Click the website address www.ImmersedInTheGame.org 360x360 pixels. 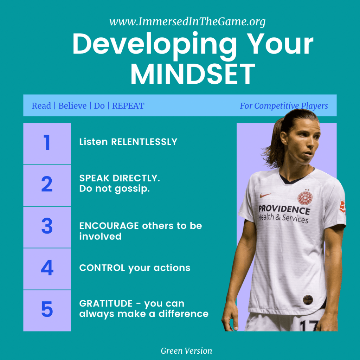click(187, 22)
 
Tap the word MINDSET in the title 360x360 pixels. click(193, 74)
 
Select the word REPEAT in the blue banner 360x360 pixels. click(128, 105)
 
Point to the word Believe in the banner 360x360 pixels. click(72, 105)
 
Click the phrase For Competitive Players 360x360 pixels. click(284, 106)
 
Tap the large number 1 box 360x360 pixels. click(47, 143)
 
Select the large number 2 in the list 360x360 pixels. click(47, 184)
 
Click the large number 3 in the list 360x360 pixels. click(47, 226)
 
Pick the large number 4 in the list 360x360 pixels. click(47, 268)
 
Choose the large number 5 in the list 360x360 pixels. click(47, 309)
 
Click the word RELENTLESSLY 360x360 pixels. click(144, 142)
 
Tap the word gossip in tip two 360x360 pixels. click(132, 189)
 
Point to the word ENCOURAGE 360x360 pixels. click(109, 226)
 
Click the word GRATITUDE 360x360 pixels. click(106, 303)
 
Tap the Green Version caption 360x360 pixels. click(186, 351)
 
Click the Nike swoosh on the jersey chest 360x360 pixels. click(265, 195)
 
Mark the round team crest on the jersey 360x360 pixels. click(305, 198)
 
